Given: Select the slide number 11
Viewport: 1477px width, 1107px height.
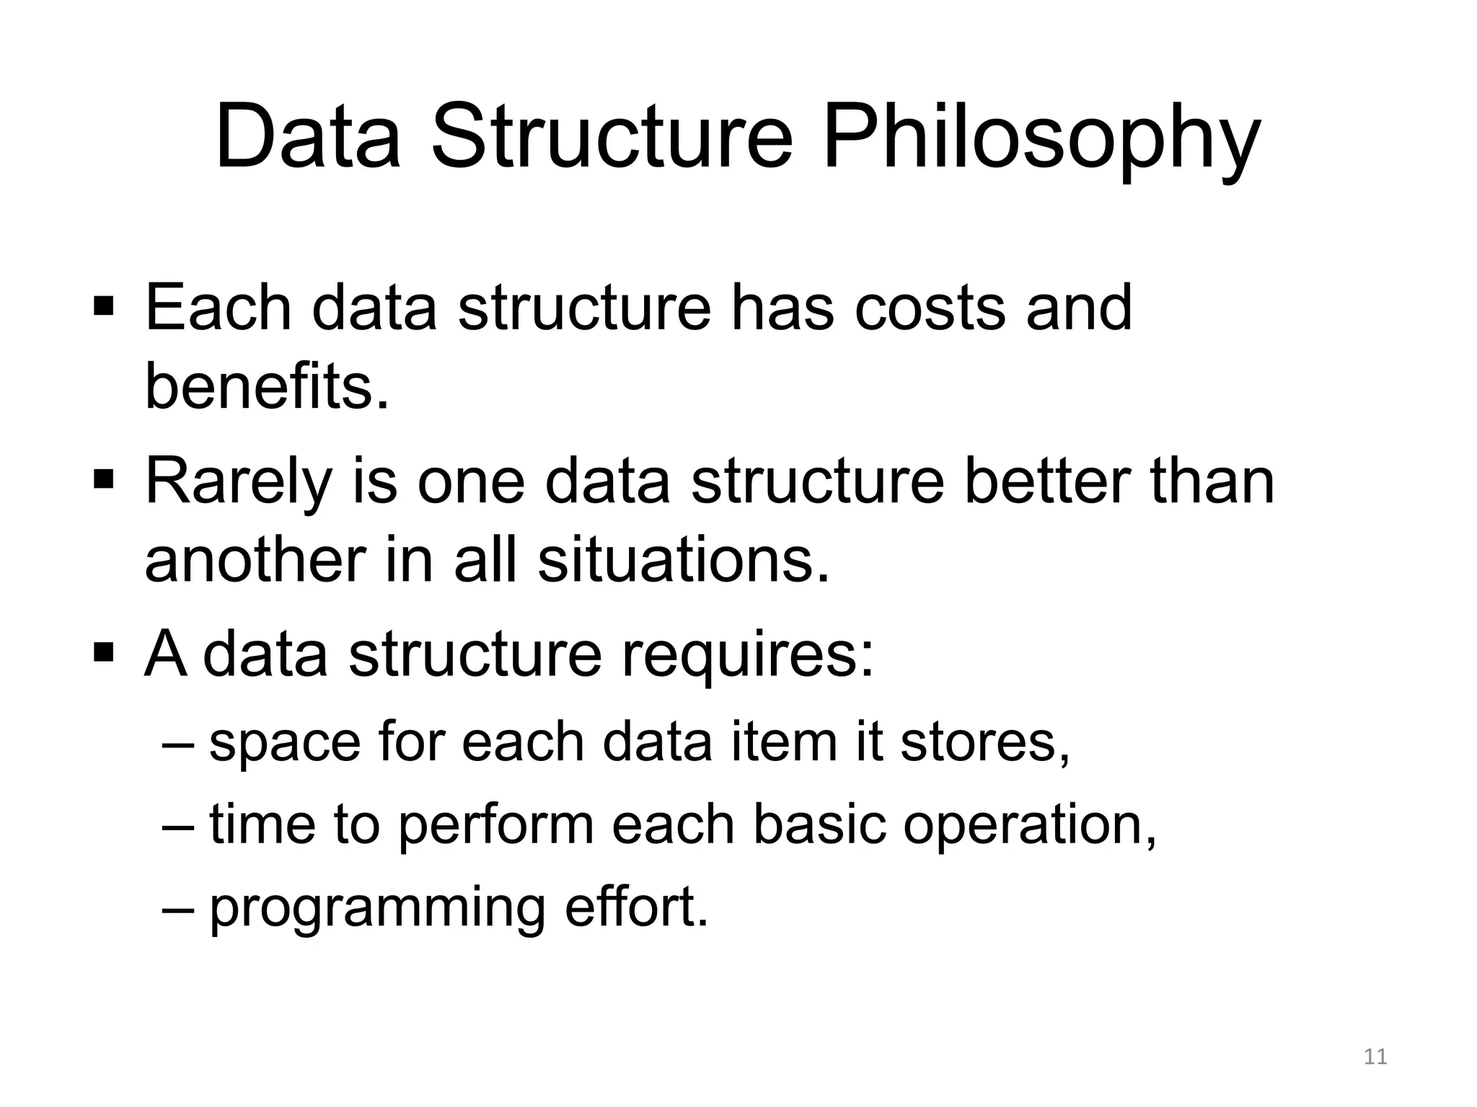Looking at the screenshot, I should (x=1376, y=1057).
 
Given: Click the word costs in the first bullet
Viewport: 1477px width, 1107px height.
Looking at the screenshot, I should (x=930, y=308).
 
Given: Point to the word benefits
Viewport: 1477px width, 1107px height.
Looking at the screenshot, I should (x=267, y=387).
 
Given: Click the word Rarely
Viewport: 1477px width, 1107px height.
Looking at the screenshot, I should (x=238, y=481).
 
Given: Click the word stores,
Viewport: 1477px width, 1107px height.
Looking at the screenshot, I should (x=985, y=742).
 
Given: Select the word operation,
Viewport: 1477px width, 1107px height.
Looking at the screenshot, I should (x=1030, y=825).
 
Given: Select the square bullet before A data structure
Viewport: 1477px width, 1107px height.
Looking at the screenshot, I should (x=104, y=652).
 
